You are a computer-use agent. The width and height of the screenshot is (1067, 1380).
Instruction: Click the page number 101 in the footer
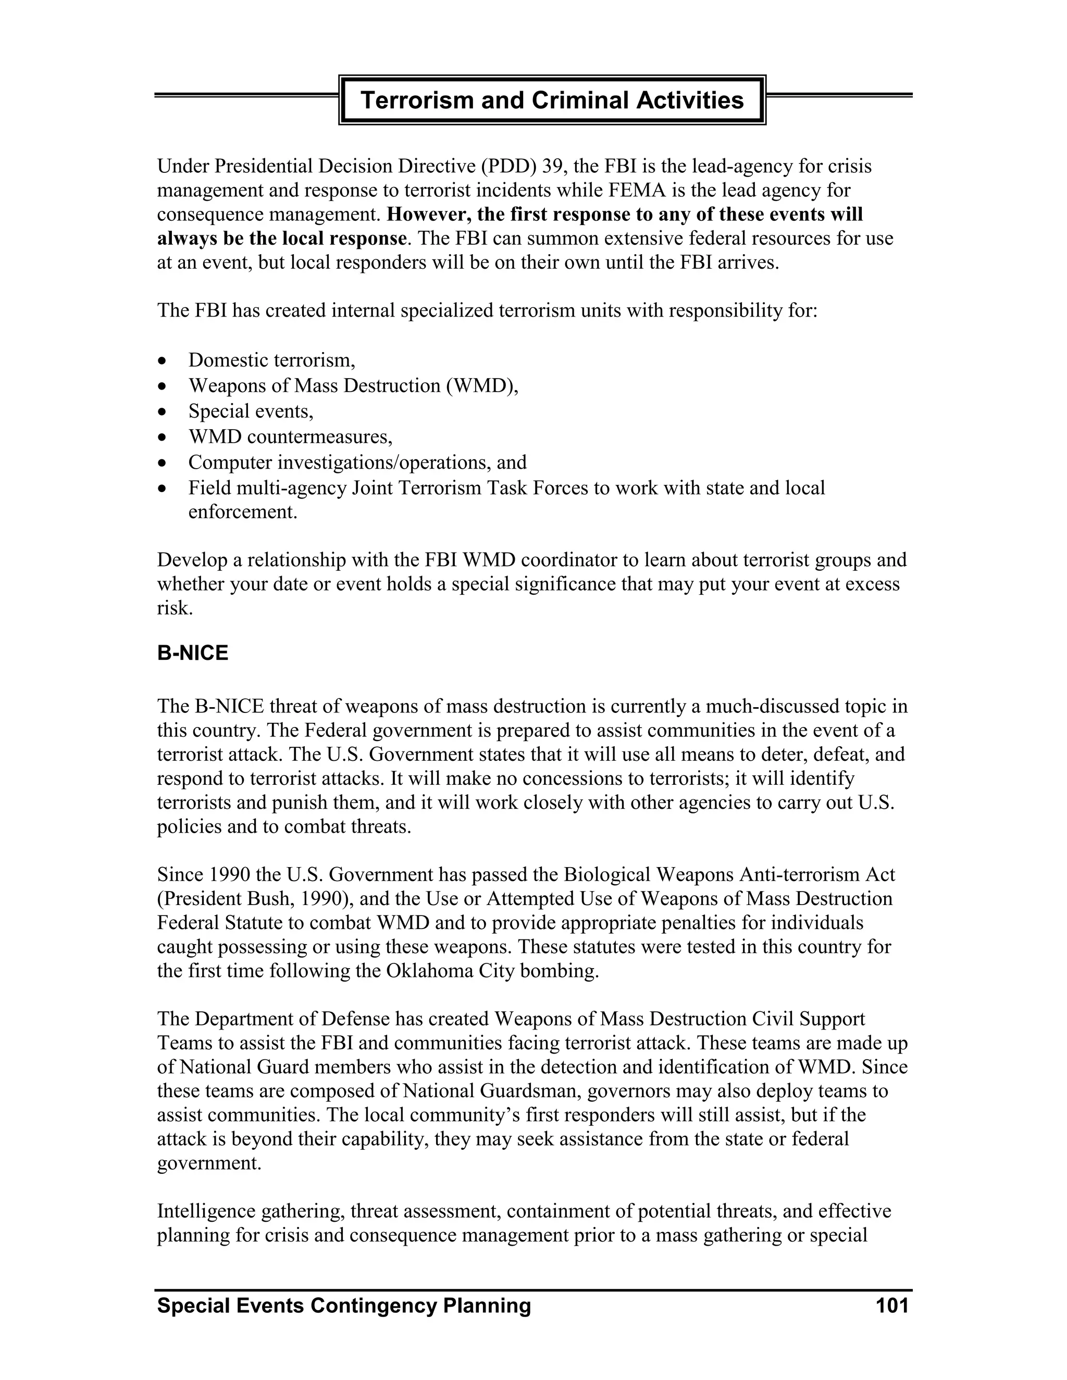tap(892, 1306)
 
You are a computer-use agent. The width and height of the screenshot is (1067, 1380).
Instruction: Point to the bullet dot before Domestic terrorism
tap(163, 361)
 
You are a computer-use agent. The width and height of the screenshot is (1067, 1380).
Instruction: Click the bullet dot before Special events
tap(163, 412)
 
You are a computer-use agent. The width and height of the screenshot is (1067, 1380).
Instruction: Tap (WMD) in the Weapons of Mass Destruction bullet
tap(482, 386)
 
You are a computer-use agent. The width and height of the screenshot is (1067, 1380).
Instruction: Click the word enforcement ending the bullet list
tap(242, 512)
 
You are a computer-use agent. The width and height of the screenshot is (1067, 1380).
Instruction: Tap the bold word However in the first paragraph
tap(429, 215)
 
